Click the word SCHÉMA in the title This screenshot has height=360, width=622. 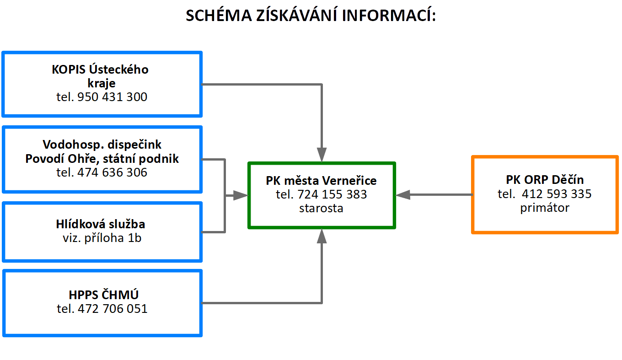(219, 15)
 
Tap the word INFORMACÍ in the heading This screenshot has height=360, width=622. (389, 15)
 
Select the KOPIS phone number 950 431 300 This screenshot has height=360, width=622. (112, 97)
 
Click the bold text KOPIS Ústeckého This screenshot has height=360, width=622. (100, 69)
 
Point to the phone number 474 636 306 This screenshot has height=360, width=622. (112, 172)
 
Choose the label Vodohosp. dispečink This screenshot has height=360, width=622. (102, 145)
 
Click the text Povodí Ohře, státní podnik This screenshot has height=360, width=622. (102, 159)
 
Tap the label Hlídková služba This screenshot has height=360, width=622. (101, 224)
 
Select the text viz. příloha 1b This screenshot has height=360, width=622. (102, 238)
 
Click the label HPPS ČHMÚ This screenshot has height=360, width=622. (103, 295)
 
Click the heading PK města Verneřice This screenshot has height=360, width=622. (321, 181)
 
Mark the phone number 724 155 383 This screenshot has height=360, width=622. (332, 194)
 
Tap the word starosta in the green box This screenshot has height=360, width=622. (321, 208)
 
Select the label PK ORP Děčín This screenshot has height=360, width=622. (545, 180)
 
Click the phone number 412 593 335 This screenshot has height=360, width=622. (557, 194)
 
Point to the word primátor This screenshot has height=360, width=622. (545, 208)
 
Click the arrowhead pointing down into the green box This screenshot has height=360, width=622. (322, 155)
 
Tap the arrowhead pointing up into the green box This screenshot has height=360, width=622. (322, 236)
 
